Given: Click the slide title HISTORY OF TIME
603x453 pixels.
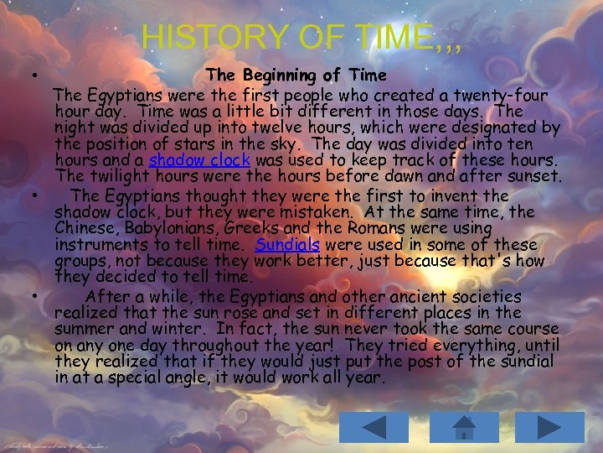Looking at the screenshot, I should click(301, 37).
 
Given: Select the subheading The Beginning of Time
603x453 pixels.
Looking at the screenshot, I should click(296, 75).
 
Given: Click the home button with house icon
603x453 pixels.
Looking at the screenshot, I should click(461, 428).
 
